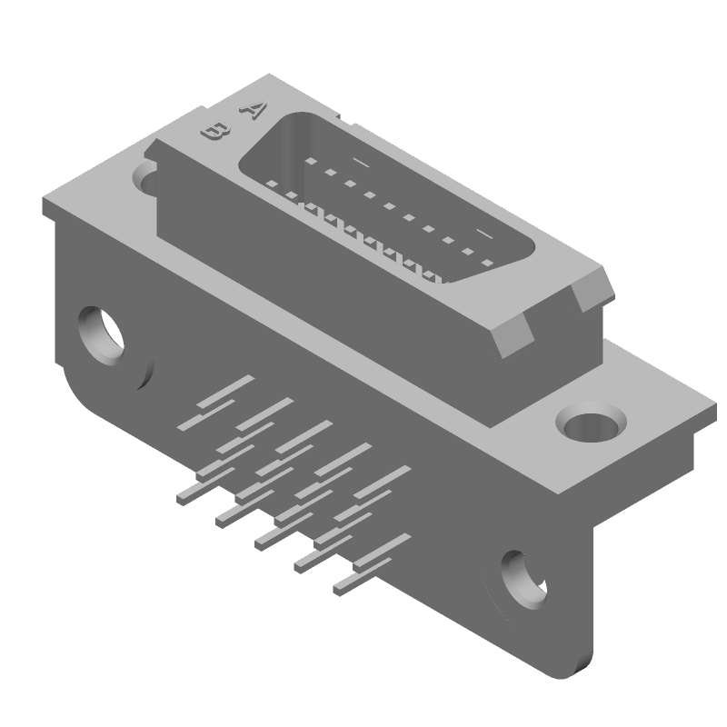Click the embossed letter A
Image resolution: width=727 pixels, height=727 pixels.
pos(251,109)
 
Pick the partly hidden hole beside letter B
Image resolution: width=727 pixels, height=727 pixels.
pos(146,175)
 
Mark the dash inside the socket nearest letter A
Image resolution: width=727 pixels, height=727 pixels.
pos(361,163)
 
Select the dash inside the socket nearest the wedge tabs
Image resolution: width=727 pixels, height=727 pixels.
pos(484,235)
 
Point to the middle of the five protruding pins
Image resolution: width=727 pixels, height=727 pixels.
pos(269,539)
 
